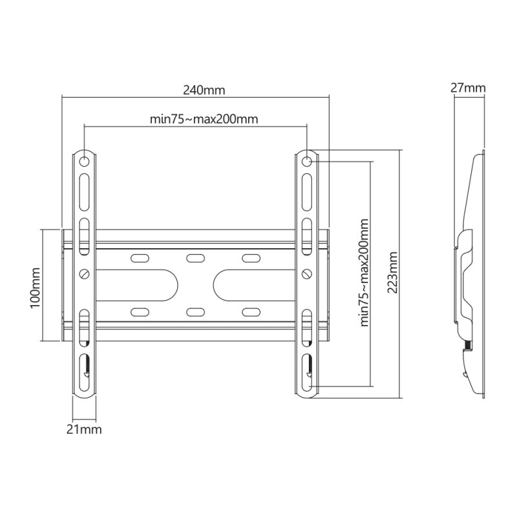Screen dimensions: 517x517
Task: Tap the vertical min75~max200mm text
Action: point(364,271)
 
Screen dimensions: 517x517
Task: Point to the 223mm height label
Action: point(392,271)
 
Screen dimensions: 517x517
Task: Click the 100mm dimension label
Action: point(35,285)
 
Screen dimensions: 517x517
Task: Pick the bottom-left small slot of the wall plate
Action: point(139,312)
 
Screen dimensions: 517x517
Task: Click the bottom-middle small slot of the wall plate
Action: point(194,312)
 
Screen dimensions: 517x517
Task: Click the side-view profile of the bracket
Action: point(471,278)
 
